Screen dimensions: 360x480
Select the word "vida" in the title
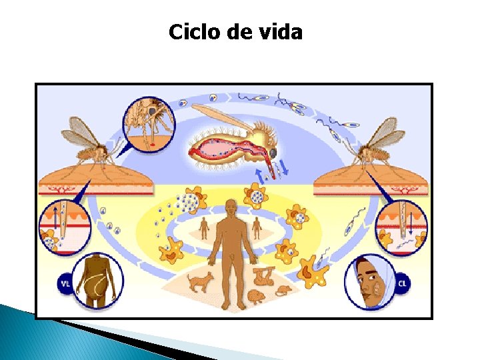(283, 31)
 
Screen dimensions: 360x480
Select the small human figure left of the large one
(204, 228)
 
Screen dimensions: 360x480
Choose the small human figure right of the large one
(257, 228)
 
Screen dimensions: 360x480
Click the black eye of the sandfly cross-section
(273, 153)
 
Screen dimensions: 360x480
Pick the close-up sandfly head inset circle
(148, 124)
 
